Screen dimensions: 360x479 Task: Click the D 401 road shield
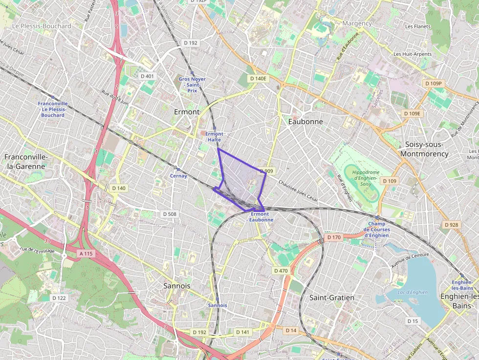click(147, 76)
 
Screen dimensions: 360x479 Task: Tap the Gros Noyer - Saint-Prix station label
click(192, 85)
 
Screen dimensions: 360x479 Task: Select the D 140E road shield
click(258, 78)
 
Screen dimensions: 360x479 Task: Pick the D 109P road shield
click(433, 84)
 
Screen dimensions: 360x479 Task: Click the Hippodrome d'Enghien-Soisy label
click(362, 178)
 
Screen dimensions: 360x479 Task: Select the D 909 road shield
click(267, 171)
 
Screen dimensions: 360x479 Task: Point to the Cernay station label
click(178, 176)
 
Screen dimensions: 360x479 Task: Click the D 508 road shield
click(169, 214)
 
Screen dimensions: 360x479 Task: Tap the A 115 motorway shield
click(86, 254)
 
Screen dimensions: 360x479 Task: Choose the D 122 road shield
click(59, 298)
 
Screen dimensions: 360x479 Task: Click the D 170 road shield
click(333, 237)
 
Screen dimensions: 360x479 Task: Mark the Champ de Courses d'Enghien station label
click(379, 230)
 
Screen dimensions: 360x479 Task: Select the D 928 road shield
click(451, 225)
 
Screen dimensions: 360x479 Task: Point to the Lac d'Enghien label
click(413, 293)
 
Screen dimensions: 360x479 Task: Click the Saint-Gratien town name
click(332, 297)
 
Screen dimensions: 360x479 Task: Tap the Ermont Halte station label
click(214, 137)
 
